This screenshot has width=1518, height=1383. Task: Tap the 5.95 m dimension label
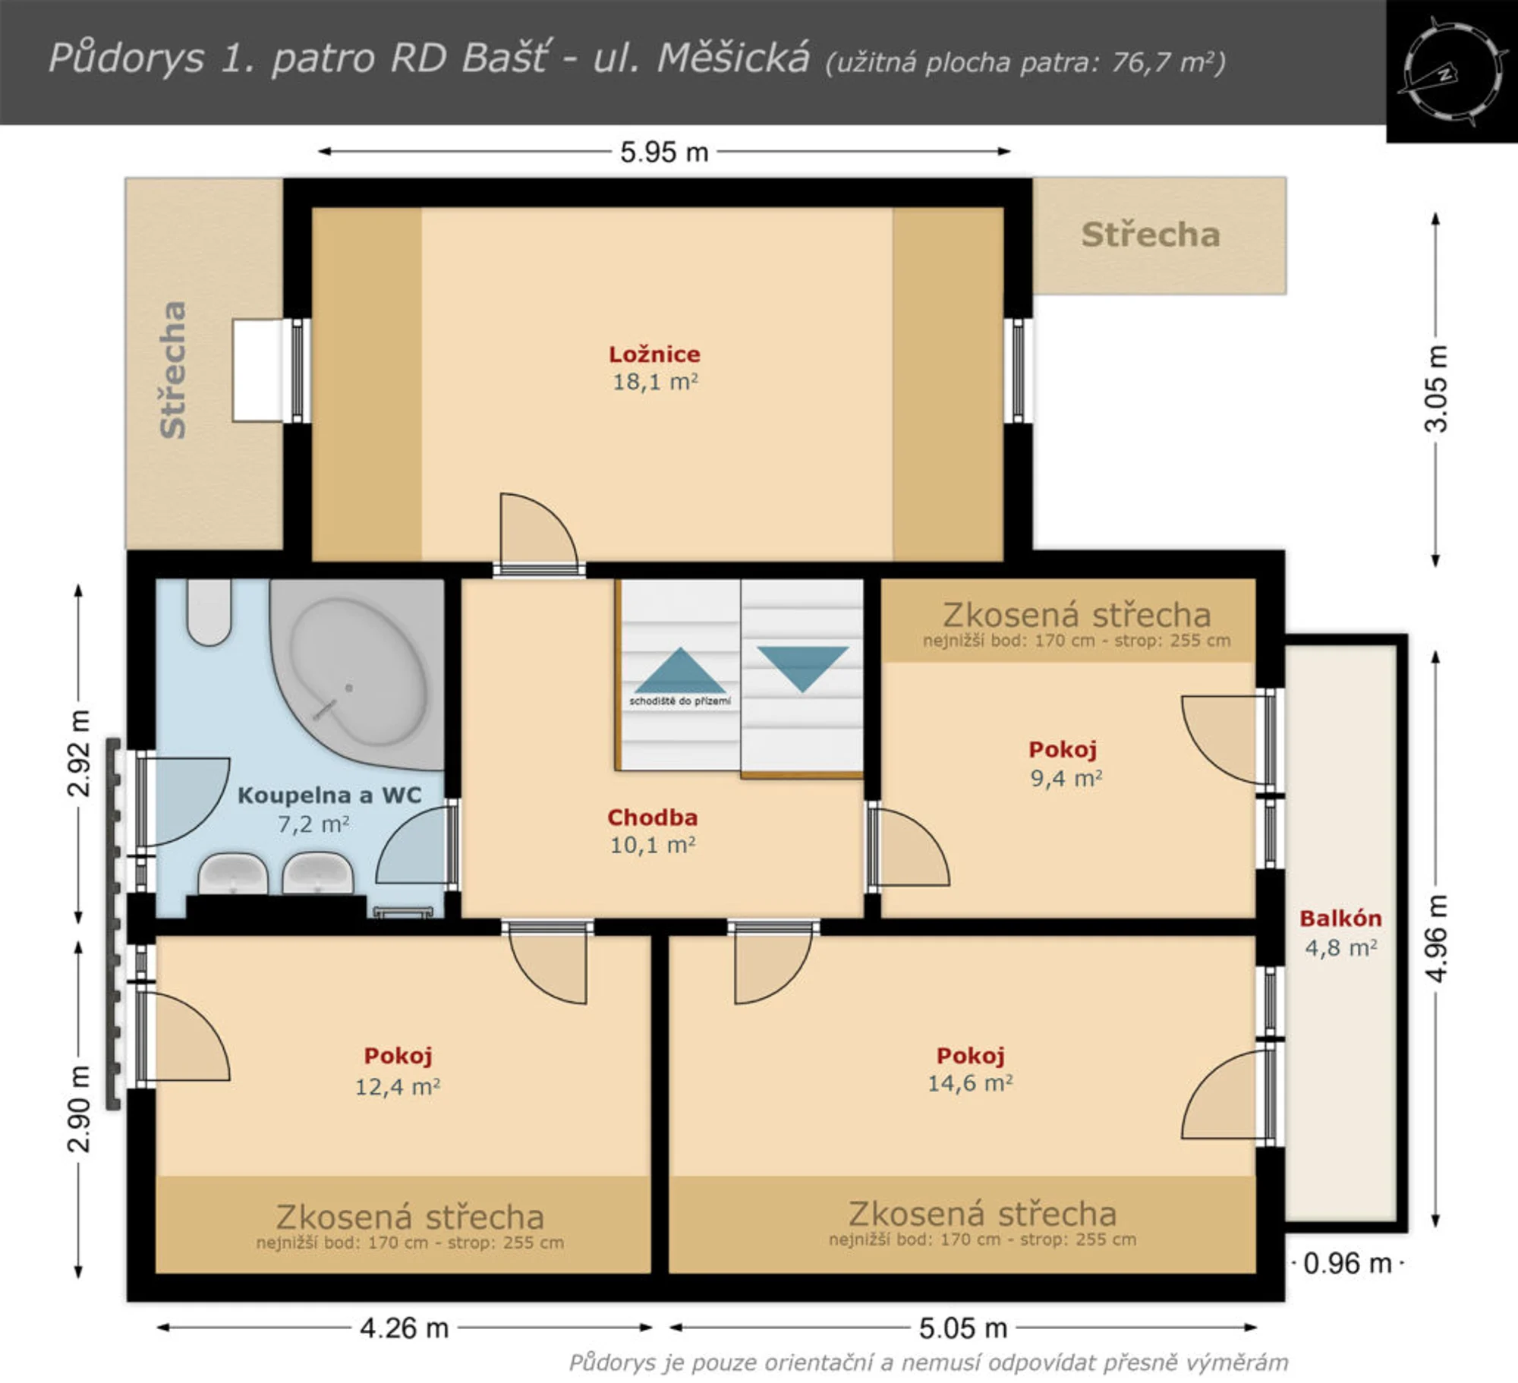point(664,153)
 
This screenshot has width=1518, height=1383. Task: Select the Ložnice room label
point(654,354)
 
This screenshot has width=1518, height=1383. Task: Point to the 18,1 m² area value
point(655,381)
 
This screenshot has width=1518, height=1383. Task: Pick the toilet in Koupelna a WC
point(209,612)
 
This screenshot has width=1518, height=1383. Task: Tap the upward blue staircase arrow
point(679,669)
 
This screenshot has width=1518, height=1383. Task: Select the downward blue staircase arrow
point(802,669)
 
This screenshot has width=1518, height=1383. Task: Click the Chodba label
point(652,818)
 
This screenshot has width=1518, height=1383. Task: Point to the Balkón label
point(1340,918)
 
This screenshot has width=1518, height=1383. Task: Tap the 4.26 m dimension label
point(405,1328)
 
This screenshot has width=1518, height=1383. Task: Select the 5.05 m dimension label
point(963,1328)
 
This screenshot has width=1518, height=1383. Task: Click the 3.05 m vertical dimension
point(1436,389)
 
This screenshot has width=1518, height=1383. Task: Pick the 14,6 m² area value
point(970,1083)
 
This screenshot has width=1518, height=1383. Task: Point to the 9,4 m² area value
point(1066,778)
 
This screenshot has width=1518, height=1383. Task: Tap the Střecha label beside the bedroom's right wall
point(1151,235)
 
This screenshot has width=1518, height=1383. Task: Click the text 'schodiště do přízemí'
point(680,701)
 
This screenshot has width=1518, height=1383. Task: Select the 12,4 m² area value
point(398,1087)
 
